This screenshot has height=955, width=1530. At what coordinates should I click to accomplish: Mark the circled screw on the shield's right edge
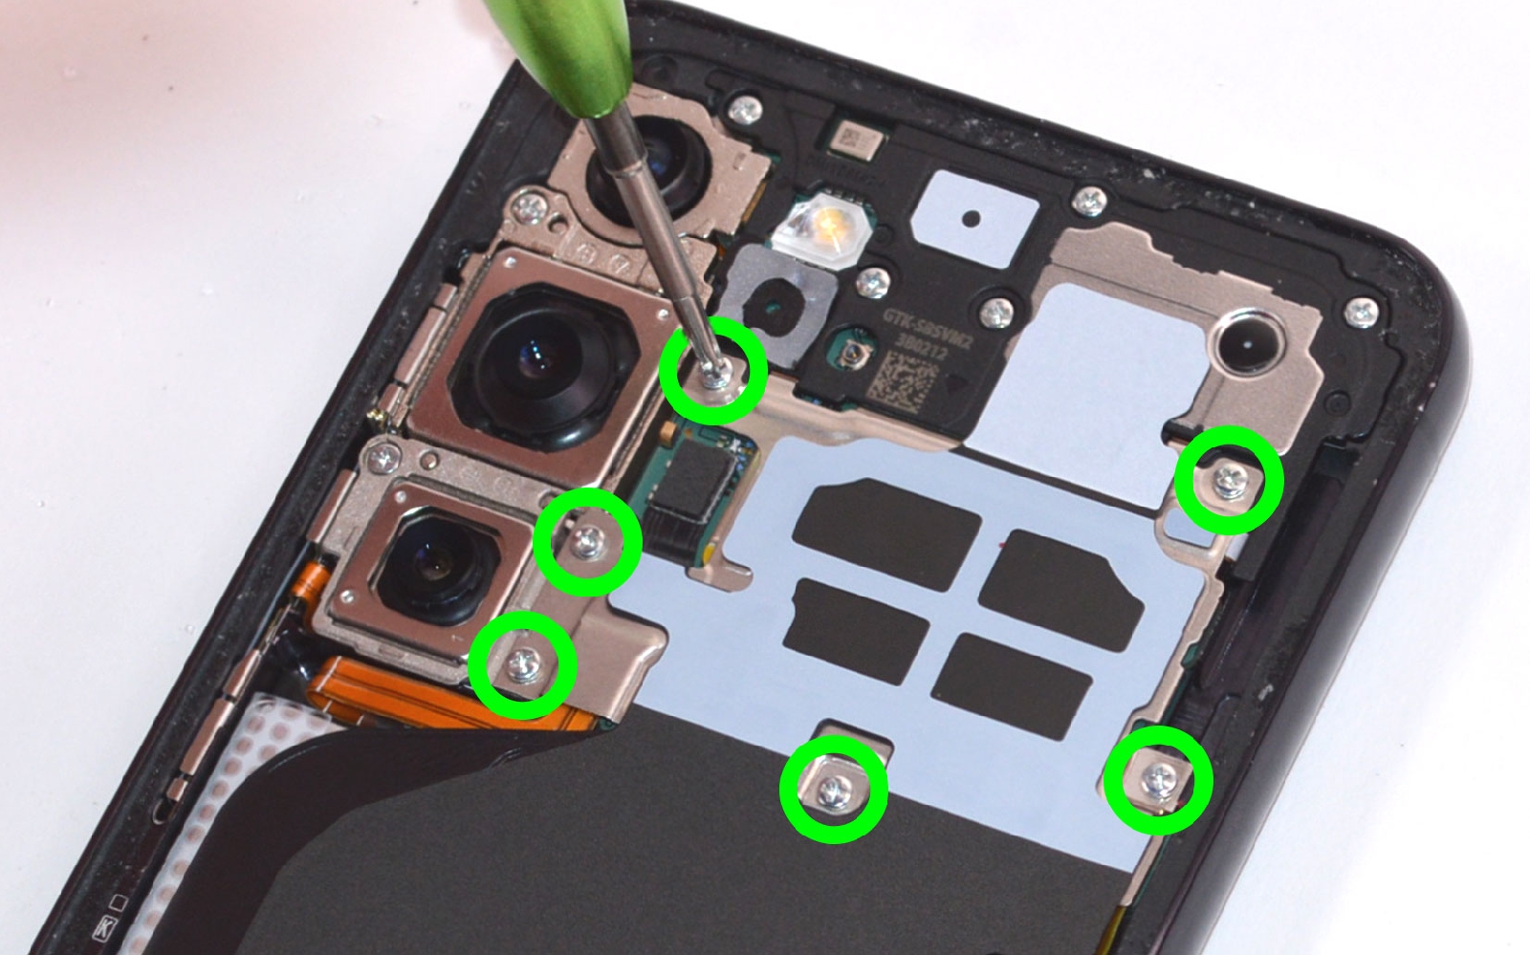(1229, 480)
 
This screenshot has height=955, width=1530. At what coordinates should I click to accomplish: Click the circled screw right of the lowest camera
(587, 542)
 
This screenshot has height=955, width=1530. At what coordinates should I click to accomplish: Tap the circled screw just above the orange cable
(523, 664)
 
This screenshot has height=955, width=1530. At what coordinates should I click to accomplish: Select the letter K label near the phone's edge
(103, 926)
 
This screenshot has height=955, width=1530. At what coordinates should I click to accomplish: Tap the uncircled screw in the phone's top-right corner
(1362, 311)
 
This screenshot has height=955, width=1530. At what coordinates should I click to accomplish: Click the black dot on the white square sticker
(972, 219)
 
